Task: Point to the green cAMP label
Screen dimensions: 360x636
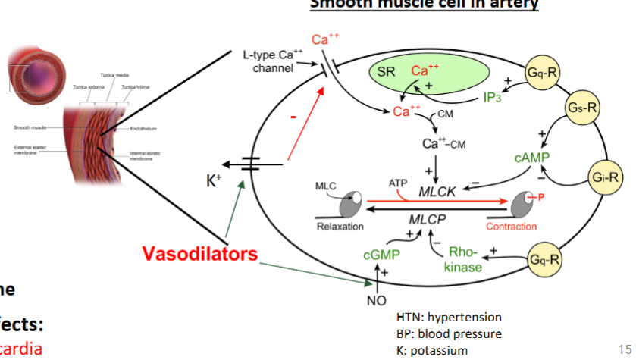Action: (x=531, y=158)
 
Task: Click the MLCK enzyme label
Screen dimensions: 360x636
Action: (x=437, y=192)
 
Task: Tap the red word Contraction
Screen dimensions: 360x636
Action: (x=511, y=227)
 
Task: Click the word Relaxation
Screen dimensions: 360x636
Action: (x=340, y=227)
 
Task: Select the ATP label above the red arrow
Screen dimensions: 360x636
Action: (x=398, y=183)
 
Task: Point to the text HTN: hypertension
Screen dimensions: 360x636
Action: (x=449, y=317)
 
